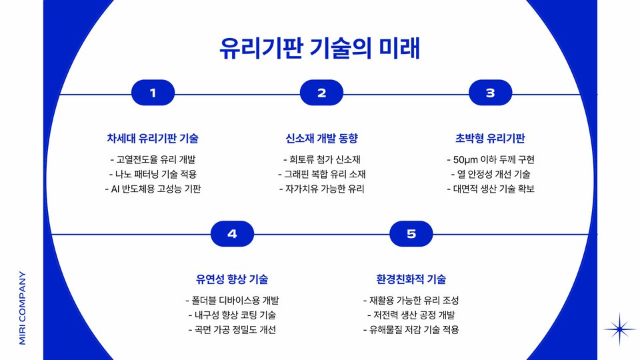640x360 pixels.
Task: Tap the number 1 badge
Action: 153,93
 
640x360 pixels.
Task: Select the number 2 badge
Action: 321,93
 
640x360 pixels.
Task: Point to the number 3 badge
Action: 490,93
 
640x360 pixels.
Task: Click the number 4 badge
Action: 232,234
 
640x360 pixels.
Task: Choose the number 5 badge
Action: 411,234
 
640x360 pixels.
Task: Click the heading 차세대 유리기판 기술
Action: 153,139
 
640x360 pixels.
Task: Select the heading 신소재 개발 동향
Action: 321,139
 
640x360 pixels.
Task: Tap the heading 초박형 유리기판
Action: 490,139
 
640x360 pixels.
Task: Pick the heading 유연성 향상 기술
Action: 232,279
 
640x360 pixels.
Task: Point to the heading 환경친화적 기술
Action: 411,279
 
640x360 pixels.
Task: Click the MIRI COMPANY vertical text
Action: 22,307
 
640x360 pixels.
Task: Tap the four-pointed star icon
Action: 620,329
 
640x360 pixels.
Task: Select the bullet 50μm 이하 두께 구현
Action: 490,160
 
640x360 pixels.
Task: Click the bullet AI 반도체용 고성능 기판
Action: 153,189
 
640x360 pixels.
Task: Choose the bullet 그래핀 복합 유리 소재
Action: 321,175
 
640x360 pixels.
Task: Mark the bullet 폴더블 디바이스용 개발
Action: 232,300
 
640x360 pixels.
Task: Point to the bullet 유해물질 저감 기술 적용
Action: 411,329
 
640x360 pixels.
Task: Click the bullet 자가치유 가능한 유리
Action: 321,189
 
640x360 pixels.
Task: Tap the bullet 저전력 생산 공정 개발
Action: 411,315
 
